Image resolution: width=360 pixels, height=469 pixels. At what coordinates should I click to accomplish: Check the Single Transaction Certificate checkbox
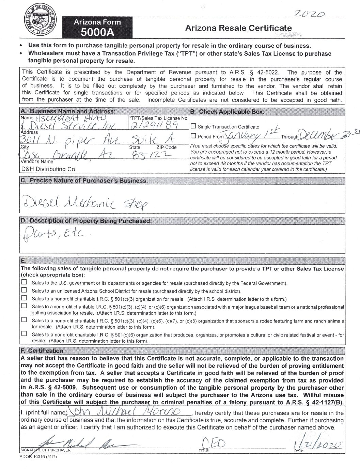tap(193, 126)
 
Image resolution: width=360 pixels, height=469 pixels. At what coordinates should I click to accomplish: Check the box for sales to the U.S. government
tap(24, 282)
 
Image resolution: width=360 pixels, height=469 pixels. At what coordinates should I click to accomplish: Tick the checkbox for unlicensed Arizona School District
tap(24, 290)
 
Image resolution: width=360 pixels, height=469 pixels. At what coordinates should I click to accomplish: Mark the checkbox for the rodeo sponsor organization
tap(24, 320)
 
